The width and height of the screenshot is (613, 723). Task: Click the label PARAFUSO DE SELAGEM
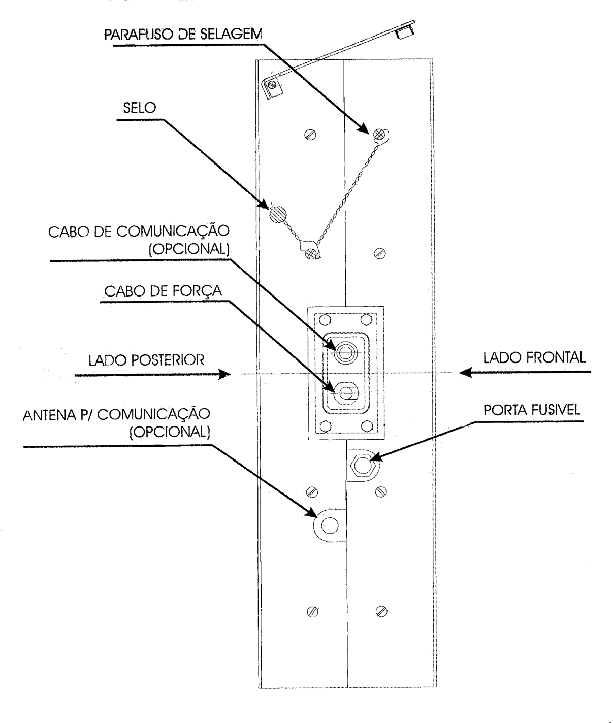click(183, 35)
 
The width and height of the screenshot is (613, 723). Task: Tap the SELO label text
click(139, 108)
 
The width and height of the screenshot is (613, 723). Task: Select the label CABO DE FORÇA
click(163, 291)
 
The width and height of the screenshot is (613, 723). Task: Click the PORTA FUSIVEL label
click(532, 410)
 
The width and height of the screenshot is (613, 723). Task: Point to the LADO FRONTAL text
click(534, 357)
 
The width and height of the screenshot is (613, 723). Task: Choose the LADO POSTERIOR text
click(146, 360)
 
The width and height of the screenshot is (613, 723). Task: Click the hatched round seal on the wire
click(278, 214)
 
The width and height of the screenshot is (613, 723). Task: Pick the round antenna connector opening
click(330, 525)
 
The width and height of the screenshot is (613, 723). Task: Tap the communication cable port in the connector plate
click(346, 352)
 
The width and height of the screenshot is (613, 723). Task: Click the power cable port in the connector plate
click(346, 393)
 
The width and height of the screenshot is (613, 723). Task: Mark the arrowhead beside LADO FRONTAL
click(466, 373)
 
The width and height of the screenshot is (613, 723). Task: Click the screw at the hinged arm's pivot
click(272, 84)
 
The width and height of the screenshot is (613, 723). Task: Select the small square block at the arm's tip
click(405, 32)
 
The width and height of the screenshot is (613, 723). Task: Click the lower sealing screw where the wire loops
click(310, 253)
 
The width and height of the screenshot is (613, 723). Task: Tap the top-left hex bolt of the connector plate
click(325, 320)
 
